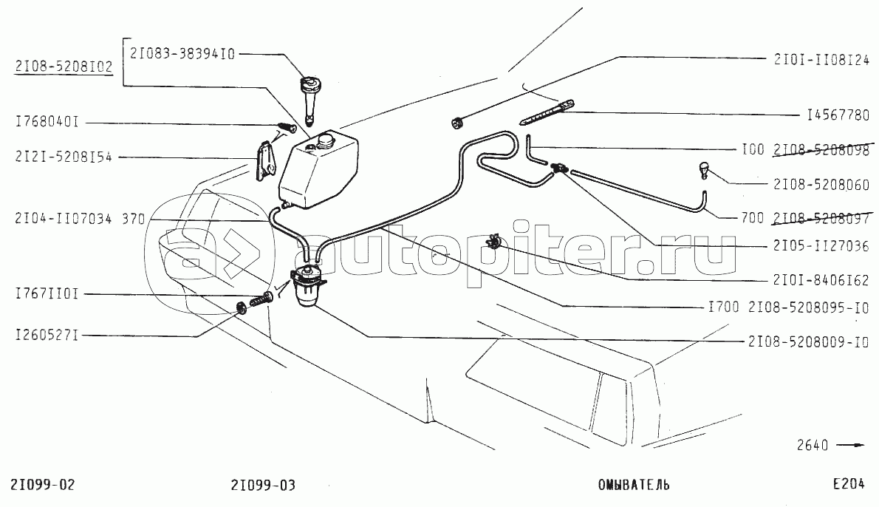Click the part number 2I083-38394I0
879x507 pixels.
[182, 53]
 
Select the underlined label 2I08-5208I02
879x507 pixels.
[63, 67]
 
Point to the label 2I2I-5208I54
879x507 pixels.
[63, 157]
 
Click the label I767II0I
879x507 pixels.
[47, 294]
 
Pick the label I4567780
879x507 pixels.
[838, 115]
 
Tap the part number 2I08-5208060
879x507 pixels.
[821, 185]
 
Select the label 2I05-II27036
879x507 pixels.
[821, 246]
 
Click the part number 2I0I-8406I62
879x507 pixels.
[821, 281]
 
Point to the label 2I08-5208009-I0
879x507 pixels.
[808, 343]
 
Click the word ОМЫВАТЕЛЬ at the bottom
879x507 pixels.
[634, 485]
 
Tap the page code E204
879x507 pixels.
[848, 485]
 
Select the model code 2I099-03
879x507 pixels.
[263, 485]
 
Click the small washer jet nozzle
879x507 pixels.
[705, 171]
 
